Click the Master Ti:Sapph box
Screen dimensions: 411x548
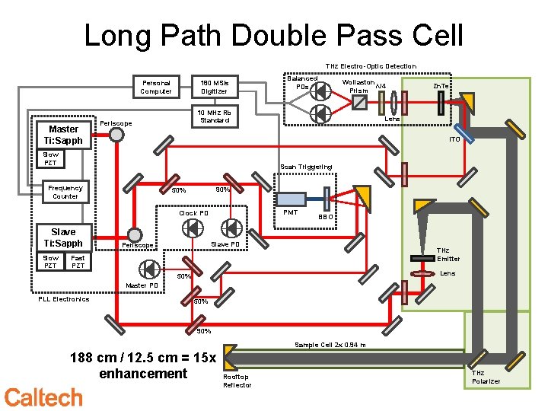point(63,135)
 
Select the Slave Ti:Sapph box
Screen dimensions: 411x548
point(63,237)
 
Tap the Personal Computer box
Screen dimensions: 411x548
point(155,86)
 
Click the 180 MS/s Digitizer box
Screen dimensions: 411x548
point(214,86)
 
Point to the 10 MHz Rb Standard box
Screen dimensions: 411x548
point(215,116)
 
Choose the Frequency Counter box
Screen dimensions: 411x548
point(65,192)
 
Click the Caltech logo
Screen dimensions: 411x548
point(43,397)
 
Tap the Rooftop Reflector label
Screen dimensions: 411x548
point(237,381)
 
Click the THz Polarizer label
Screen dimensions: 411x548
point(486,377)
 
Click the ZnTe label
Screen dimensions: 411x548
point(441,86)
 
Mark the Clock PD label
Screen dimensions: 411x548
point(193,213)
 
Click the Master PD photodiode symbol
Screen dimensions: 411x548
point(148,268)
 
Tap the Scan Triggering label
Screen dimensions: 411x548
point(306,167)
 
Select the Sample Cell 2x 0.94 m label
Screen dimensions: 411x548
point(330,345)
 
